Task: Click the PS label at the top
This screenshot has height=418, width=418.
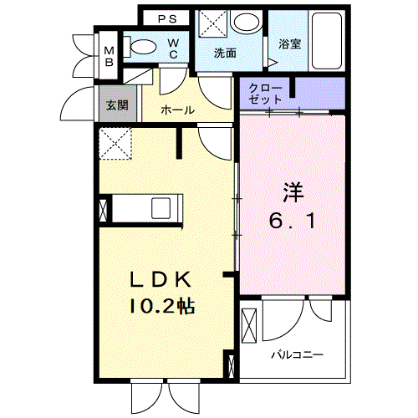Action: coord(167,18)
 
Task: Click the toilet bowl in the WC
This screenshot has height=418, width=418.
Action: coord(145,48)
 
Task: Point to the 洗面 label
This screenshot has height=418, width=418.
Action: coord(225,53)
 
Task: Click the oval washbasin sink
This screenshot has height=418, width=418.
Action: coord(247,23)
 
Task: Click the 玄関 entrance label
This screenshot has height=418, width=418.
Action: coord(116,105)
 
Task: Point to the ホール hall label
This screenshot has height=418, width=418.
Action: coord(177,110)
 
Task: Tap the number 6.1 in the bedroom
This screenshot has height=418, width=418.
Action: coord(292,222)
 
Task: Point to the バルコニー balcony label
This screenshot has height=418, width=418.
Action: coord(296,354)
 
